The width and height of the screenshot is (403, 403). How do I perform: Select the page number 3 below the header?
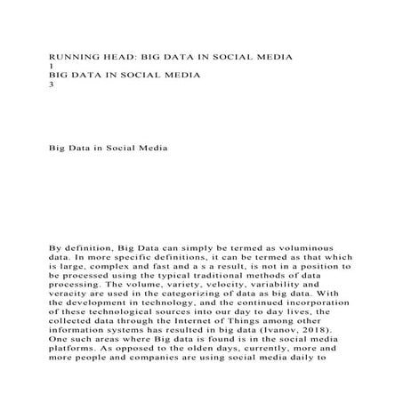[50, 85]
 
